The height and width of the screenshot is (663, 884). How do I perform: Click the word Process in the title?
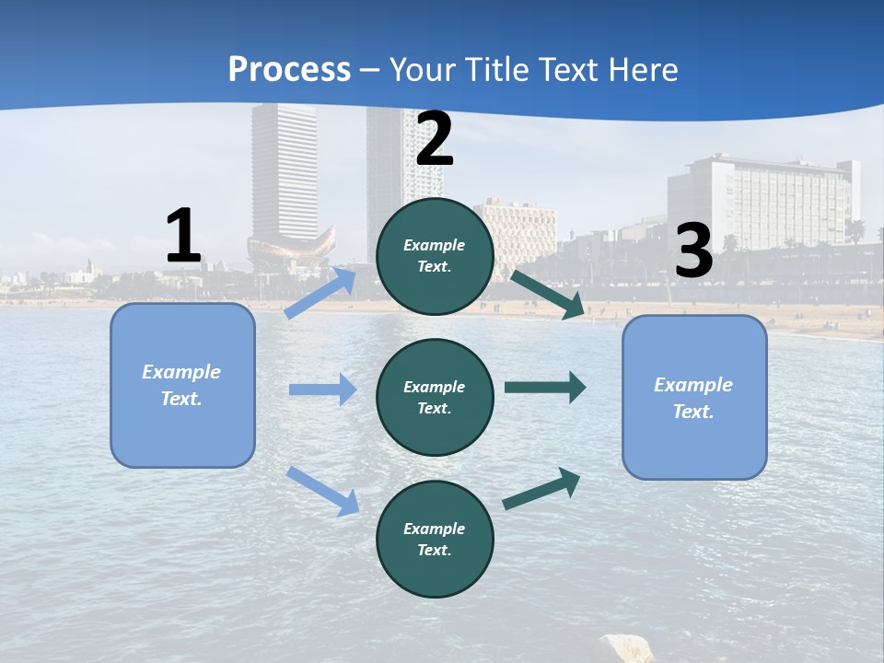289,70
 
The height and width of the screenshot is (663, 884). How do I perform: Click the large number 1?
183,236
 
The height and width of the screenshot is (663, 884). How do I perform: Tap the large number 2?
435,139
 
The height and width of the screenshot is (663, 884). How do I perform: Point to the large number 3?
693,250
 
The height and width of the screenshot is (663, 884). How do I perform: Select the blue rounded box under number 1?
182,385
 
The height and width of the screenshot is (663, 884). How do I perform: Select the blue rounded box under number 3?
694,397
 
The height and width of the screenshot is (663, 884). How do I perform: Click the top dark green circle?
435,256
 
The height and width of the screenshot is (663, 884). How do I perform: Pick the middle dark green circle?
435,397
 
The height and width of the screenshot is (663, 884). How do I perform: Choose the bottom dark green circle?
435,539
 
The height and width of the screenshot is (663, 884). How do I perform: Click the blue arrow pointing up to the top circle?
320,292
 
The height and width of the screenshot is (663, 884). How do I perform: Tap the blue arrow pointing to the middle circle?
322,390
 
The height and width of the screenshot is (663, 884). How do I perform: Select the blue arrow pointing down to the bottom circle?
323,491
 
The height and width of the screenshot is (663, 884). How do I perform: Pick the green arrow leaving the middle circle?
545,387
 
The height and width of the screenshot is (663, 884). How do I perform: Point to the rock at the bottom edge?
626,648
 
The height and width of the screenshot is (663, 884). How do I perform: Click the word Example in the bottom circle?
435,529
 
